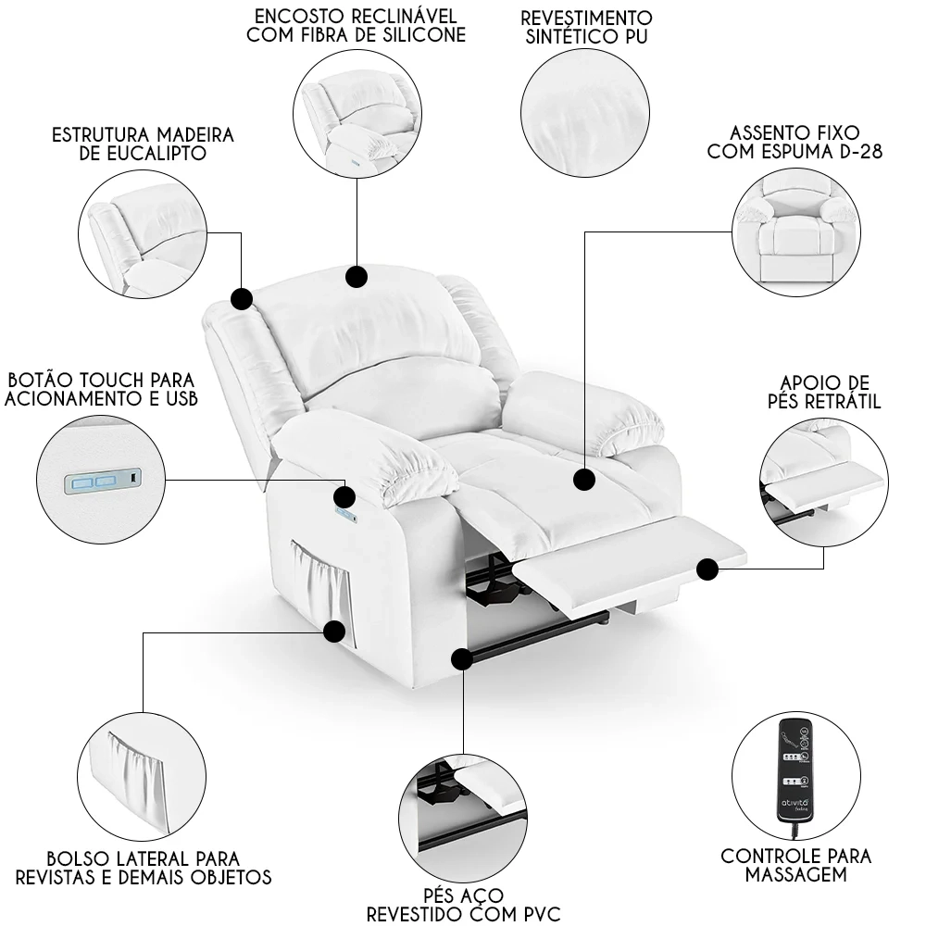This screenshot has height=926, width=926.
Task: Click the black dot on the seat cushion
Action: coord(583,480)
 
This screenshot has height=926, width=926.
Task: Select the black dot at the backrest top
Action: coord(356,276)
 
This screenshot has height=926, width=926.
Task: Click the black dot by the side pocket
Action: coord(334,632)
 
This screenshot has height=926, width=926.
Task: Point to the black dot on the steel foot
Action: coord(460,658)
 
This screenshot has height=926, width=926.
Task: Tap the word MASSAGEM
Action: coord(796,874)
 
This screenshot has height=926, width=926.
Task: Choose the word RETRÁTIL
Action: coord(832,402)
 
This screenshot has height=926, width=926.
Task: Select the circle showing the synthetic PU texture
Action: coord(584,110)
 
